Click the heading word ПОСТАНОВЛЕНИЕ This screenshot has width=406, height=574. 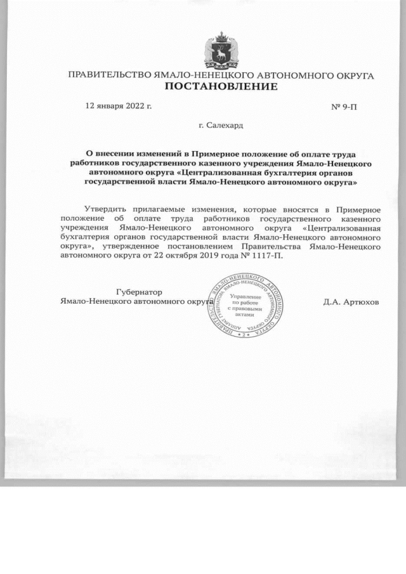pyautogui.click(x=221, y=86)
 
